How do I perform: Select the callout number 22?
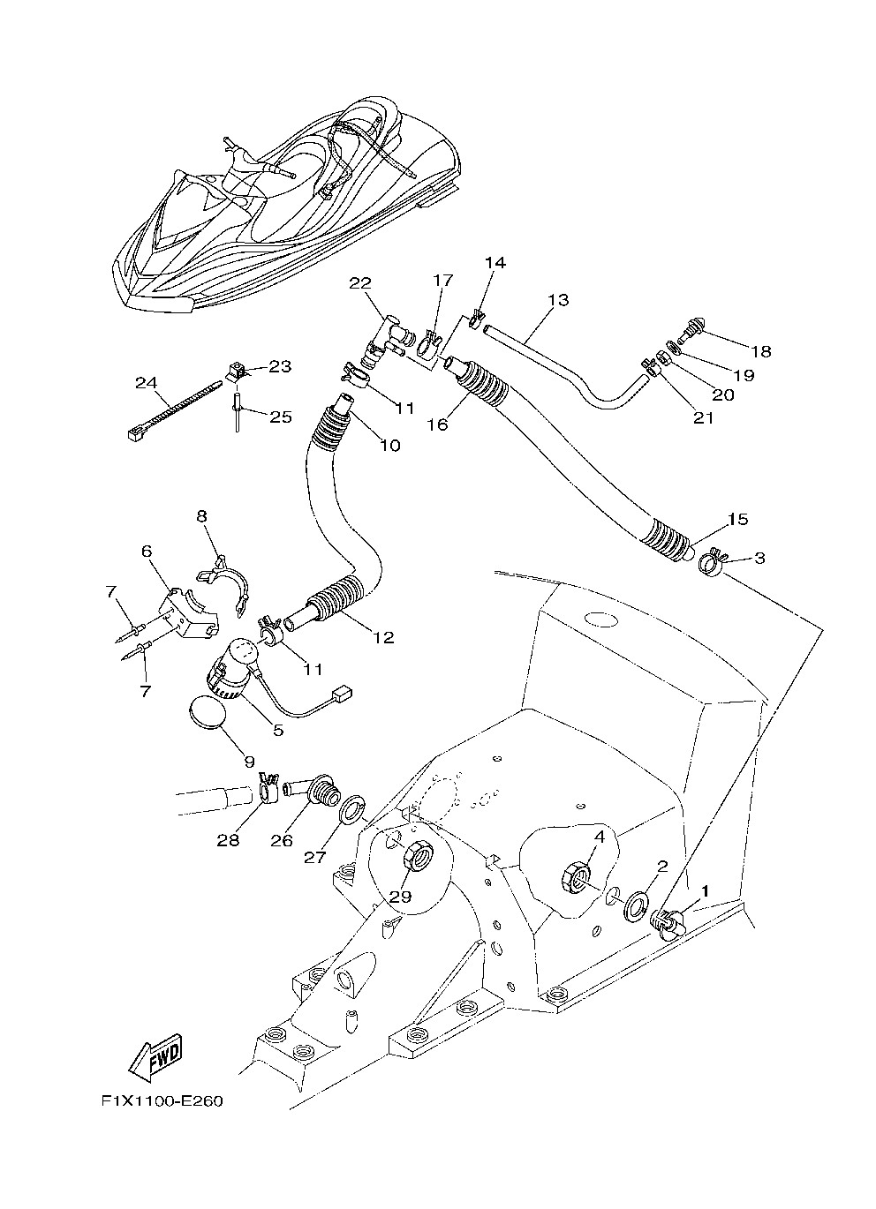click(359, 282)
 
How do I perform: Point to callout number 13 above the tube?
click(557, 300)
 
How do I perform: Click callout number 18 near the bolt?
click(760, 351)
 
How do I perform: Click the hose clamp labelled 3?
click(711, 561)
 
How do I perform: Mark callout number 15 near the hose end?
click(738, 519)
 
